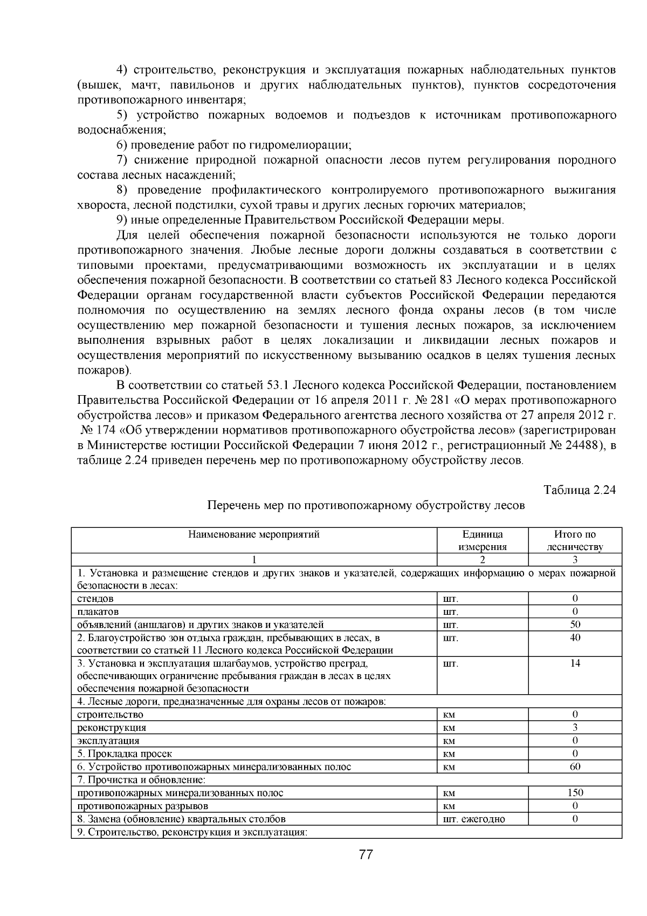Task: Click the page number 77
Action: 366,855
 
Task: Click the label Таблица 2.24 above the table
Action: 580,490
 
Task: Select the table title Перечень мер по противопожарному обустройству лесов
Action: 366,506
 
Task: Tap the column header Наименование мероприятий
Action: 254,534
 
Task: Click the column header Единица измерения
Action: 483,540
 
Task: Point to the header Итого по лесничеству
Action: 575,540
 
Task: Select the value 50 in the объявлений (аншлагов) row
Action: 575,625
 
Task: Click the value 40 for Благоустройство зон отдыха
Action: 575,637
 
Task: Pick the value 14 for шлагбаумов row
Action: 575,663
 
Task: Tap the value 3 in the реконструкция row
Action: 575,728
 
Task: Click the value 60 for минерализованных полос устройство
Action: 575,766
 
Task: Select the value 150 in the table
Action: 575,792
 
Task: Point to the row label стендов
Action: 95,599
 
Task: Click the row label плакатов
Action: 98,612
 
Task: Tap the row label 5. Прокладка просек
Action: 125,754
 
